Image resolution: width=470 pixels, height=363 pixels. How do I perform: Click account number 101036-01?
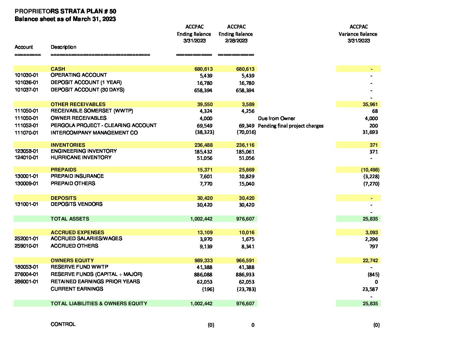click(x=26, y=82)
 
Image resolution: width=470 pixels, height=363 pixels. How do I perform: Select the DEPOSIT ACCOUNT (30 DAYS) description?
click(x=87, y=90)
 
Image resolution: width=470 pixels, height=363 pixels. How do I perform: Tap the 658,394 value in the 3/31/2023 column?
click(x=203, y=90)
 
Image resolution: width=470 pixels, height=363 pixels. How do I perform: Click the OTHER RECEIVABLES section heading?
click(x=78, y=104)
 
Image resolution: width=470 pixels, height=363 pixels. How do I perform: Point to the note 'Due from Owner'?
click(x=276, y=118)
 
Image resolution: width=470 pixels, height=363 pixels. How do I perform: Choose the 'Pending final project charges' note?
click(x=290, y=126)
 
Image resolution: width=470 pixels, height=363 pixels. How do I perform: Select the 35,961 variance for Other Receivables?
click(x=370, y=104)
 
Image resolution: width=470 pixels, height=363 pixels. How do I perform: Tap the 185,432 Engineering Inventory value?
click(x=203, y=152)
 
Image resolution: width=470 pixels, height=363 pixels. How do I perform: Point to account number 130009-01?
click(x=26, y=184)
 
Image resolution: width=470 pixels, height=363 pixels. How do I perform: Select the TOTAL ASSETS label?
click(x=70, y=219)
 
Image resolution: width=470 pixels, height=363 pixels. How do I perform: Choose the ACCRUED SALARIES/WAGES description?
click(x=86, y=239)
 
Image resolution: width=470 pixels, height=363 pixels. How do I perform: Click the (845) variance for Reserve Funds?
click(x=373, y=275)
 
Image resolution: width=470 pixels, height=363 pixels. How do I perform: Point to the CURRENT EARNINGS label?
click(x=77, y=289)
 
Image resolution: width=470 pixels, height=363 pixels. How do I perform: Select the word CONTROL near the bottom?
click(x=63, y=324)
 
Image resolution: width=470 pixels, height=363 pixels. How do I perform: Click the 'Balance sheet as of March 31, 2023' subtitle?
click(x=65, y=19)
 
